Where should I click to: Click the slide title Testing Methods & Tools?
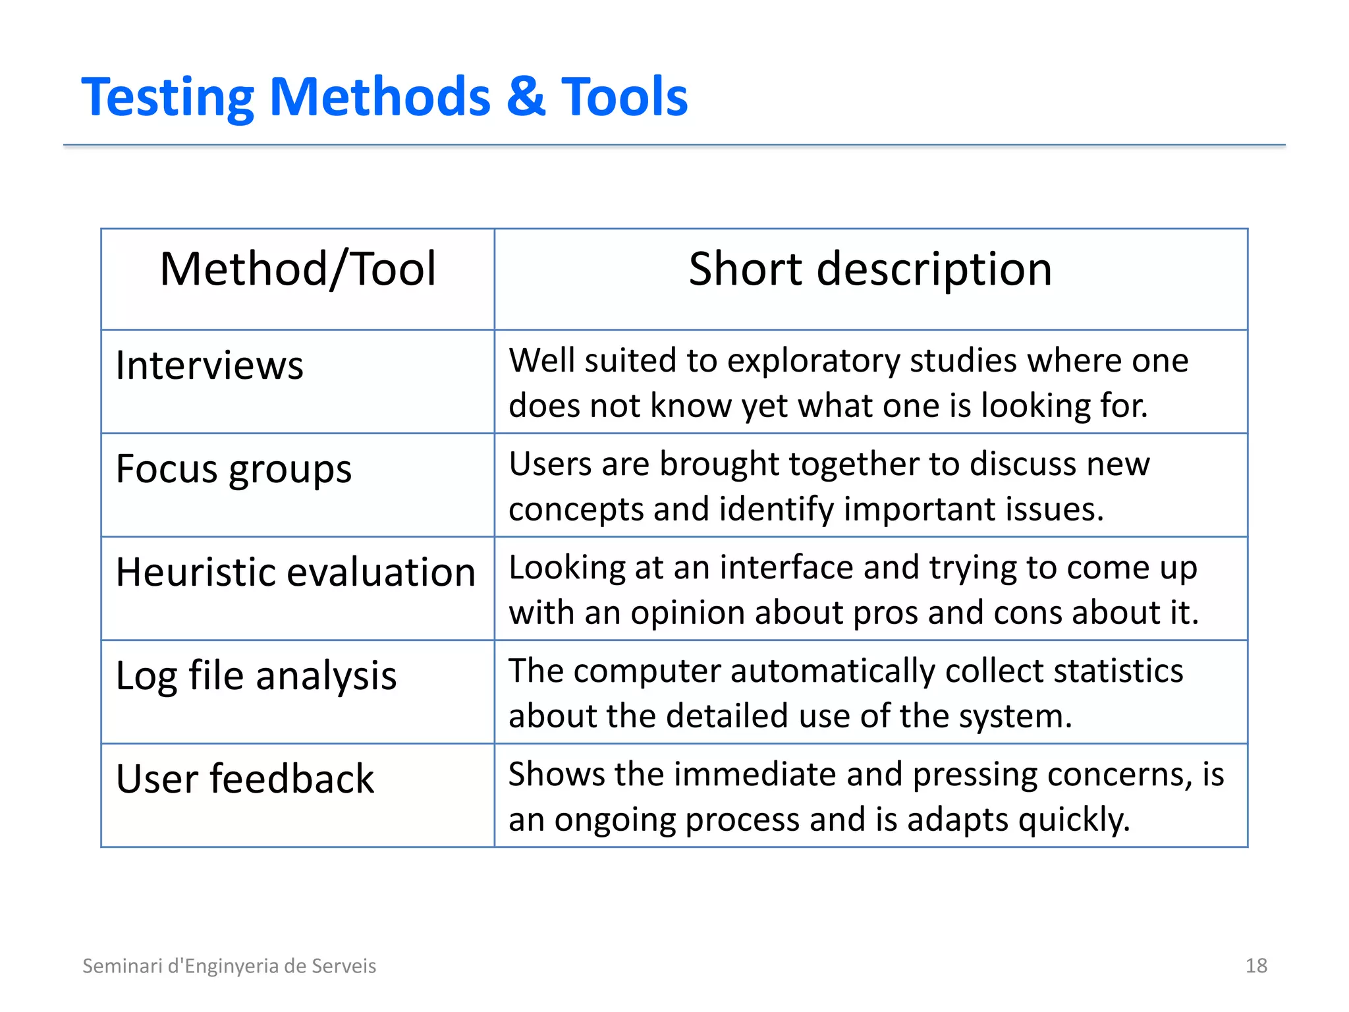[x=384, y=97]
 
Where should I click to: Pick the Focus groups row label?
[x=233, y=469]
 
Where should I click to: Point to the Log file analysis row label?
[x=256, y=676]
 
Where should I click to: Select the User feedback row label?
[x=244, y=779]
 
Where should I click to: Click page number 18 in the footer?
[x=1256, y=966]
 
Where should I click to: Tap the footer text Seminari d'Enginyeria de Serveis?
[x=229, y=966]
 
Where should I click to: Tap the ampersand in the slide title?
[x=526, y=97]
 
